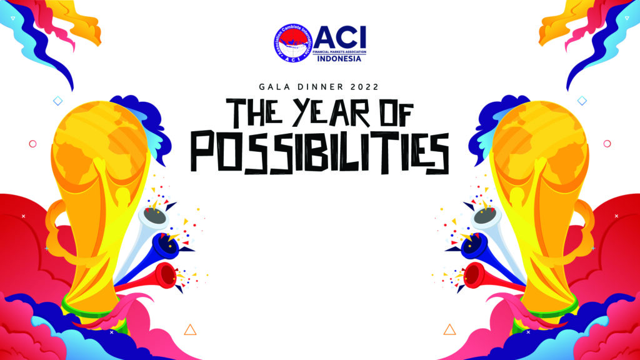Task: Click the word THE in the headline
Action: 256,115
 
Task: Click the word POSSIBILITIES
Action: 319,152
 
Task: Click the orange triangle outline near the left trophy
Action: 191,329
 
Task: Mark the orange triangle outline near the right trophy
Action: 449,329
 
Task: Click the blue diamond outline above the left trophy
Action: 58,101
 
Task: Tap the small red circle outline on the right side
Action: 606,144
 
